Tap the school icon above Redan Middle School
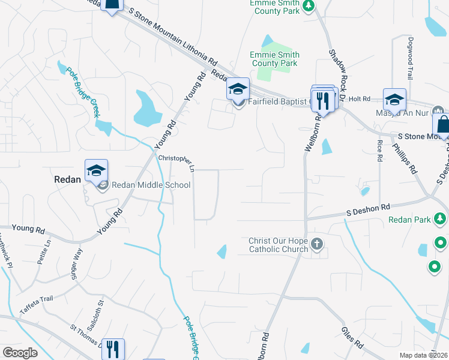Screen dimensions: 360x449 (96, 171)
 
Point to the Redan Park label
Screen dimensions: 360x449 (409, 220)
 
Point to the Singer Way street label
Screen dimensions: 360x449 (77, 262)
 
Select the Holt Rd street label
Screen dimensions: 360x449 (360, 98)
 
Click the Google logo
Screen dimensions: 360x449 (20, 353)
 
